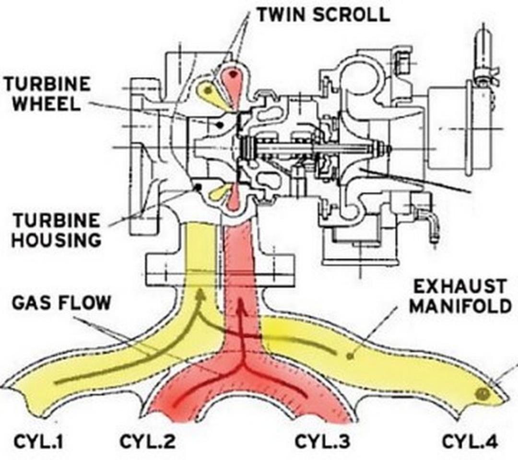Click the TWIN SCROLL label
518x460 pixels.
click(323, 14)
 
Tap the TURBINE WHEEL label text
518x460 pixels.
click(47, 94)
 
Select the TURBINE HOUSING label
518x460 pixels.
click(56, 230)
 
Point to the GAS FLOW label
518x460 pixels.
click(61, 303)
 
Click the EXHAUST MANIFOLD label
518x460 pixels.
click(460, 296)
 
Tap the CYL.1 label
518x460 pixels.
click(38, 441)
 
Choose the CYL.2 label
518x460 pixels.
click(147, 441)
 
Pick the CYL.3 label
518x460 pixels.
click(322, 441)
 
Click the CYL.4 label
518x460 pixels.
click(470, 441)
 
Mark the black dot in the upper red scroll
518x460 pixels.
click(234, 74)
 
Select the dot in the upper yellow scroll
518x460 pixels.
click(208, 90)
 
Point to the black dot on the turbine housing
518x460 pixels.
click(198, 187)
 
